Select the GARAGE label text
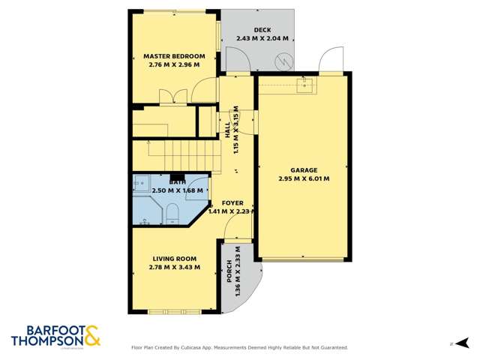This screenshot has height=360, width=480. (x=304, y=170)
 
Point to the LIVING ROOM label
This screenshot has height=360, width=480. (x=174, y=259)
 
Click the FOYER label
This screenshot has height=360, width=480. (x=233, y=202)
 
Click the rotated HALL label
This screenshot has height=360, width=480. (x=227, y=129)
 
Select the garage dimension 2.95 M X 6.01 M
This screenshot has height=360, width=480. (x=304, y=178)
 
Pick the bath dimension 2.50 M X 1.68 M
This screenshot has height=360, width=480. (x=177, y=190)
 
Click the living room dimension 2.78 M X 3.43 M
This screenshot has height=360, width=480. (x=174, y=268)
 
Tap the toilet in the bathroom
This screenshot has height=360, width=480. (x=172, y=217)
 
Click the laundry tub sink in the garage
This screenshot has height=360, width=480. (x=305, y=86)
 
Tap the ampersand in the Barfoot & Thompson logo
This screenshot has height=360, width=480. (x=92, y=335)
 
